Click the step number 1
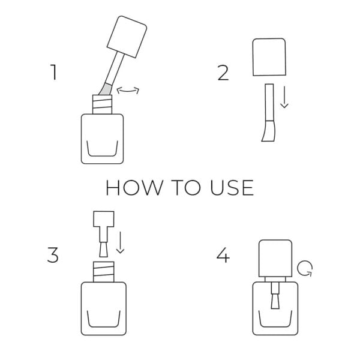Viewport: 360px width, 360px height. pyautogui.click(x=54, y=73)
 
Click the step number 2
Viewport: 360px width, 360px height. pyautogui.click(x=223, y=73)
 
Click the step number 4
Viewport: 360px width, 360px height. pyautogui.click(x=223, y=255)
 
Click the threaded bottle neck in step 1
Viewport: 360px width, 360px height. pyautogui.click(x=101, y=103)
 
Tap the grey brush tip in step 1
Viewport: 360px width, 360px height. pyautogui.click(x=104, y=88)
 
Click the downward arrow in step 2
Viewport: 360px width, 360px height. pyautogui.click(x=284, y=97)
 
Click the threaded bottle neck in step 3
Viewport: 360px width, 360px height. pyautogui.click(x=103, y=270)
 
